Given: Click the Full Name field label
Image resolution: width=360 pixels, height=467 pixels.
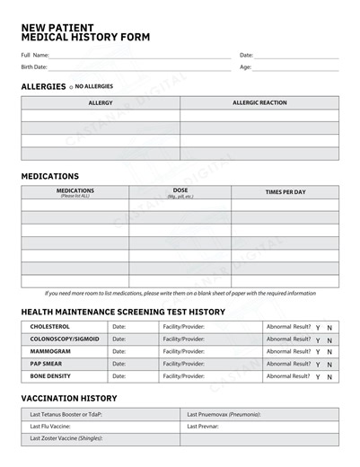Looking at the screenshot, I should [x=35, y=56].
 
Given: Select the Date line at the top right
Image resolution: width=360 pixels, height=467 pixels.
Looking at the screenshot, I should [x=296, y=56].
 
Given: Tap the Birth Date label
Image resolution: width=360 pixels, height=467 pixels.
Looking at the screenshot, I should [x=34, y=67].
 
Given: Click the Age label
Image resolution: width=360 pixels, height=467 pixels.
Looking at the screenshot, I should [x=245, y=67].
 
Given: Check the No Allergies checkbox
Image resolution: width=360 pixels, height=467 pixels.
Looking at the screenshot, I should [x=71, y=87].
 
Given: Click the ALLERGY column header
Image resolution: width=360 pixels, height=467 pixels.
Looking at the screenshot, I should [x=101, y=103].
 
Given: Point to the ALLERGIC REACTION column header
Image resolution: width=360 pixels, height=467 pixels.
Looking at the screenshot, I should [x=259, y=103].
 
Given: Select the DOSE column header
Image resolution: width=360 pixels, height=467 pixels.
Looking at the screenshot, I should [x=180, y=191].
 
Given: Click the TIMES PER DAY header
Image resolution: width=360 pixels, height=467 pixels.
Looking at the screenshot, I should [x=285, y=192].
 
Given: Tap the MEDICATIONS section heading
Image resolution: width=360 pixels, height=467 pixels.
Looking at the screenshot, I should [x=50, y=176].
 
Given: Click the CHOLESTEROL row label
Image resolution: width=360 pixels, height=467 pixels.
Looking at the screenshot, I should [x=50, y=327].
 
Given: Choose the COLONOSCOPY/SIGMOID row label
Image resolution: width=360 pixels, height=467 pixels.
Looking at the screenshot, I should [x=65, y=339].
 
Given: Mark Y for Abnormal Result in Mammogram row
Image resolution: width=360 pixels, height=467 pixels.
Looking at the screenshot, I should [x=318, y=353].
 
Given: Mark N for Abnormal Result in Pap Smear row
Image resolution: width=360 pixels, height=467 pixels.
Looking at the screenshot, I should [x=329, y=366].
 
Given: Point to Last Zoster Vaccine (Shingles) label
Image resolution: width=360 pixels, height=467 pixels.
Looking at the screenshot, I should [x=66, y=439].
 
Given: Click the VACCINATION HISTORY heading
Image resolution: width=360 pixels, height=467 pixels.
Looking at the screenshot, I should [x=69, y=398].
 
